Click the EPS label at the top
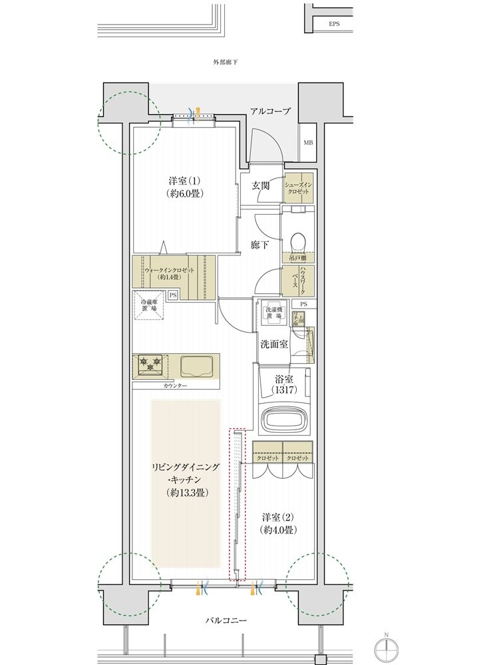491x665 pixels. [x=333, y=24]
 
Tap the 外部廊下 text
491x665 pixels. [x=226, y=62]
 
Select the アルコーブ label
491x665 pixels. [x=270, y=111]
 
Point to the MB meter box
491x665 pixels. [x=308, y=143]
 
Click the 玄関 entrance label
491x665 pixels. [x=260, y=186]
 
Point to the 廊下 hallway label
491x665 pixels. [x=260, y=245]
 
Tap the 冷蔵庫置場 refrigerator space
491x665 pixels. [x=148, y=305]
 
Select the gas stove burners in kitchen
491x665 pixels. [x=150, y=364]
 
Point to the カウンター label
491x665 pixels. [x=175, y=386]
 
